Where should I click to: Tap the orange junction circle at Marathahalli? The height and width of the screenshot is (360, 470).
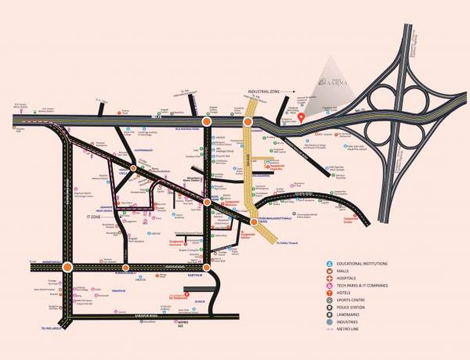click(68, 267)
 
